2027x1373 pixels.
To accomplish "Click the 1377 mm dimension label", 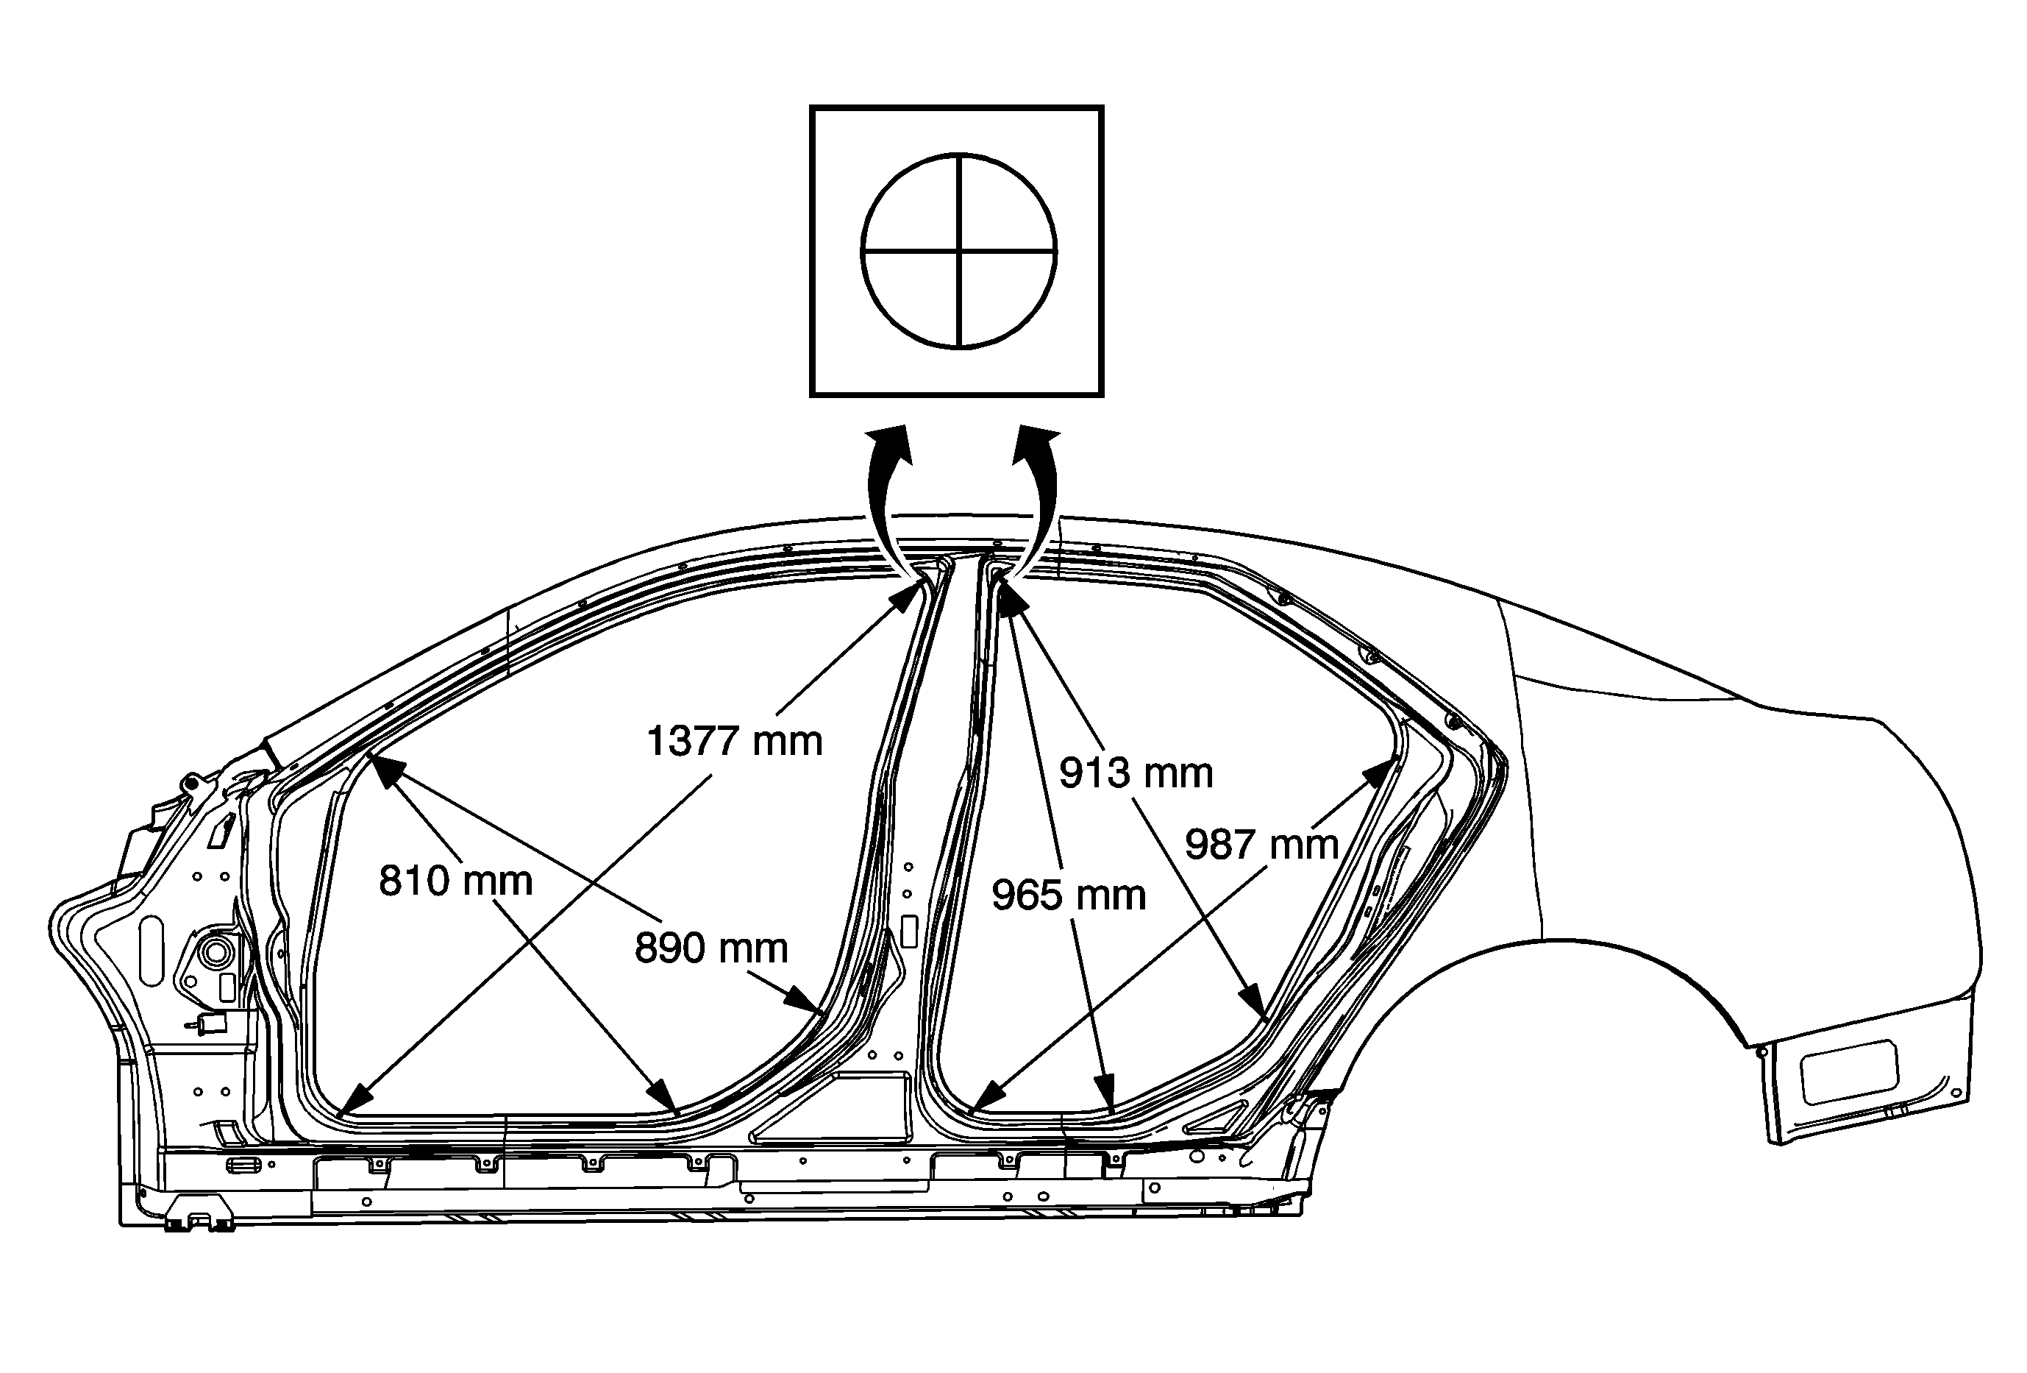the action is pyautogui.click(x=735, y=742).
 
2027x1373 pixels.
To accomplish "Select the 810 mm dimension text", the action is pyautogui.click(x=455, y=881).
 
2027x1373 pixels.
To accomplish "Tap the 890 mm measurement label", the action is pyautogui.click(x=710, y=948).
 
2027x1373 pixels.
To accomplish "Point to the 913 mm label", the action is pyautogui.click(x=1136, y=773).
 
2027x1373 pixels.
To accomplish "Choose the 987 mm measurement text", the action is pyautogui.click(x=1261, y=845).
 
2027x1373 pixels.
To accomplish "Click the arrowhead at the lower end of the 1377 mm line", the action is pyautogui.click(x=356, y=1100).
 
